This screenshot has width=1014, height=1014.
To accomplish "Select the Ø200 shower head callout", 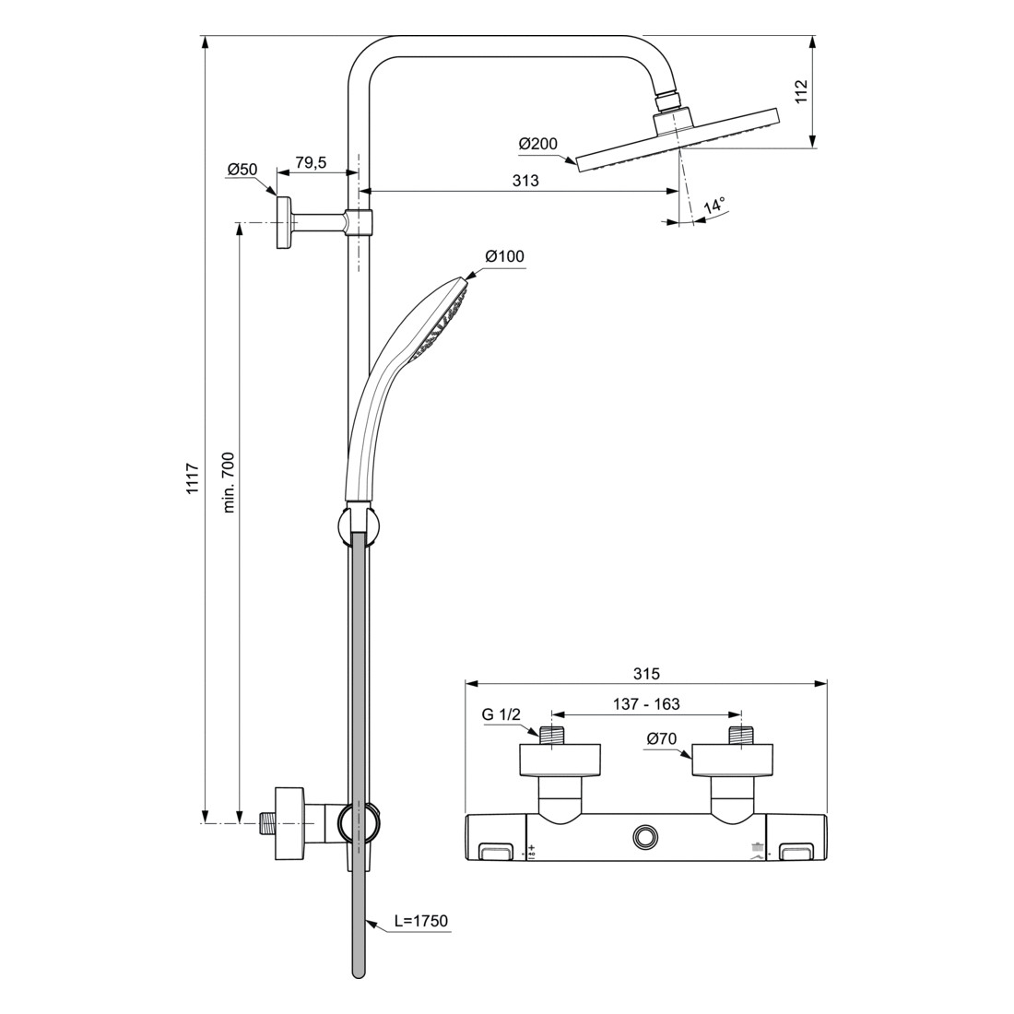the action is pyautogui.click(x=537, y=144).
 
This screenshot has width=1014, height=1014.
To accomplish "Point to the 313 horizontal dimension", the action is pyautogui.click(x=525, y=181).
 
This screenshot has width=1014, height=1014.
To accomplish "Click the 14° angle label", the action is pyautogui.click(x=714, y=206).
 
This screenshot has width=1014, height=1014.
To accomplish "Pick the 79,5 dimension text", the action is pyautogui.click(x=311, y=162).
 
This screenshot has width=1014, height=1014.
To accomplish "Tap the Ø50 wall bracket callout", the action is pyautogui.click(x=242, y=170).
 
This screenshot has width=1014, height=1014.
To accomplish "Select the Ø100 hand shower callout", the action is pyautogui.click(x=504, y=256).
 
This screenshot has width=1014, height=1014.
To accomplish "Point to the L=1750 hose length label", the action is pyautogui.click(x=421, y=920).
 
